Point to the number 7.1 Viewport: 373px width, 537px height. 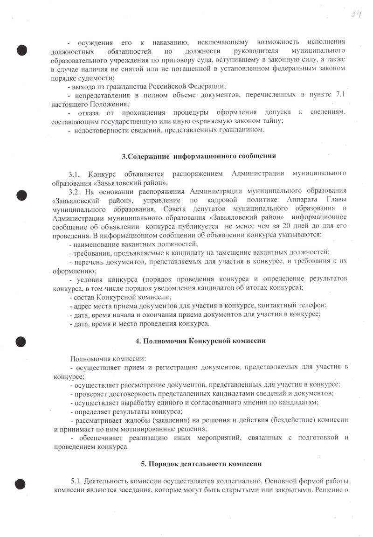point(340,95)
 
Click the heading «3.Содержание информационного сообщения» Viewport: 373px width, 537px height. point(199,156)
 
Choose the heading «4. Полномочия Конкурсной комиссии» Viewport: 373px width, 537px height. point(200,341)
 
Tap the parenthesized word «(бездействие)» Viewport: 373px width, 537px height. point(295,420)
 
